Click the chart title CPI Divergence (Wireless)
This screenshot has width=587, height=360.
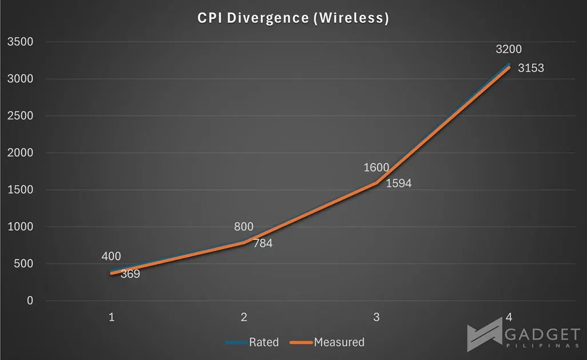click(293, 18)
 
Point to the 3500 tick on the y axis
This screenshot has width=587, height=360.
click(20, 42)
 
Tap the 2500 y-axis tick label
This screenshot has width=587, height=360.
click(20, 115)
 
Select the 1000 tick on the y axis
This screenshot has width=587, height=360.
click(20, 227)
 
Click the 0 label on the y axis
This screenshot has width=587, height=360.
click(30, 301)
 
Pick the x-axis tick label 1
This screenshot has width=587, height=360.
click(111, 317)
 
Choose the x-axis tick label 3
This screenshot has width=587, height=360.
click(376, 317)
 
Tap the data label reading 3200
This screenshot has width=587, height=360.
click(508, 49)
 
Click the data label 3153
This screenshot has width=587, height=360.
click(531, 68)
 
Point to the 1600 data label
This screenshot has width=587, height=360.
click(376, 167)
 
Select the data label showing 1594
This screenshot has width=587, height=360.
click(398, 183)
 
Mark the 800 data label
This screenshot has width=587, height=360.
click(243, 226)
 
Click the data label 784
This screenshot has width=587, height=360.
click(263, 243)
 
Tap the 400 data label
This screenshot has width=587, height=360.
click(111, 257)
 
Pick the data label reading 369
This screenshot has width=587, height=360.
click(130, 274)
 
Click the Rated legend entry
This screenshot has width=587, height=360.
click(253, 342)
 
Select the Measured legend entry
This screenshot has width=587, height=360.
click(327, 342)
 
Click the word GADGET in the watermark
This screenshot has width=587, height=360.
click(542, 334)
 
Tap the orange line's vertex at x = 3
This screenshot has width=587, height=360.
click(376, 183)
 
